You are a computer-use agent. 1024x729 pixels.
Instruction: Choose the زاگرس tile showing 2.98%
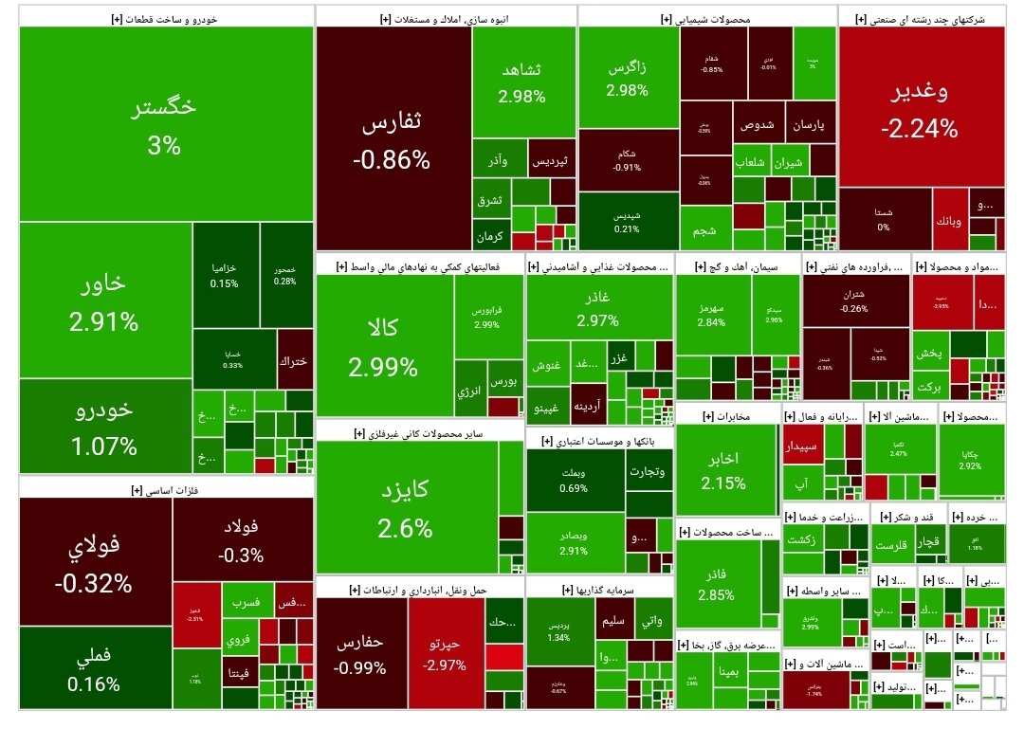[627, 79]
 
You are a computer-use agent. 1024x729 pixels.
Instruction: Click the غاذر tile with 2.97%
[597, 309]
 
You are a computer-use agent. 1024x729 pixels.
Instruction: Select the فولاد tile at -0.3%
[243, 540]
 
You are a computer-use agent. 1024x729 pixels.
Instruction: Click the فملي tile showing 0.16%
[95, 669]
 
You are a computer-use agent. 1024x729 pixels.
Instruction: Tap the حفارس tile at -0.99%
[360, 655]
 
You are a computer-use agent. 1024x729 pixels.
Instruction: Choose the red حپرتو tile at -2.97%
[445, 655]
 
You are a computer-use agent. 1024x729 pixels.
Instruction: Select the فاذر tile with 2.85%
[717, 584]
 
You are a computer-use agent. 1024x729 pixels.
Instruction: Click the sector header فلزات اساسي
[166, 489]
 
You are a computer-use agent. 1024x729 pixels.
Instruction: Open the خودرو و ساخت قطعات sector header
[166, 17]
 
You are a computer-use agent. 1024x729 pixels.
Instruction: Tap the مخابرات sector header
[728, 416]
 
